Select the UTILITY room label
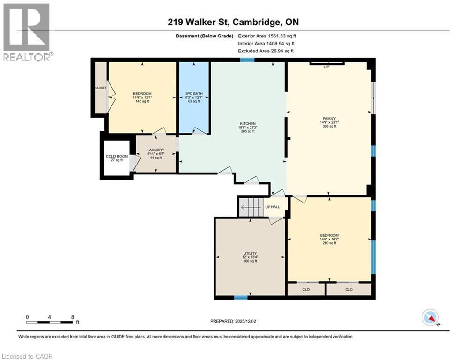click(x=250, y=253)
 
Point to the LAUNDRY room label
click(x=155, y=150)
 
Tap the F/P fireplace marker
click(x=326, y=67)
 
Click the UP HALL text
click(x=273, y=207)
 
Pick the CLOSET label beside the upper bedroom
click(x=100, y=88)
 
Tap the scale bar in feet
click(x=50, y=322)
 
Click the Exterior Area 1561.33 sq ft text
click(x=267, y=36)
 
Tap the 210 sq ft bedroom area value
click(x=329, y=243)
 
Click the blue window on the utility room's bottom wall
click(x=241, y=297)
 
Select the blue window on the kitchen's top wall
click(x=247, y=60)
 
